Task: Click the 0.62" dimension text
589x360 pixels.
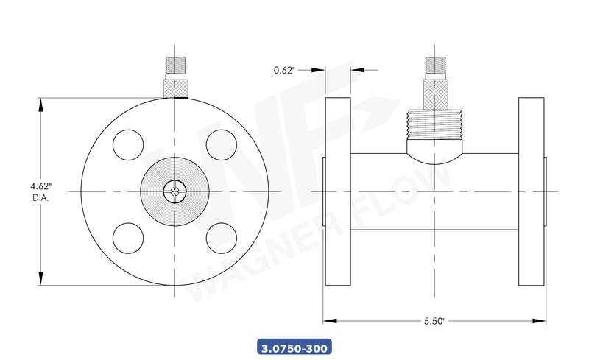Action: point(284,70)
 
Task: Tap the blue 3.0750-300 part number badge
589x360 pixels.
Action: point(294,346)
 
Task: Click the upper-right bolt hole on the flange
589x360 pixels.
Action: point(220,143)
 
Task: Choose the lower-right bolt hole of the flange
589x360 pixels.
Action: point(220,236)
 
